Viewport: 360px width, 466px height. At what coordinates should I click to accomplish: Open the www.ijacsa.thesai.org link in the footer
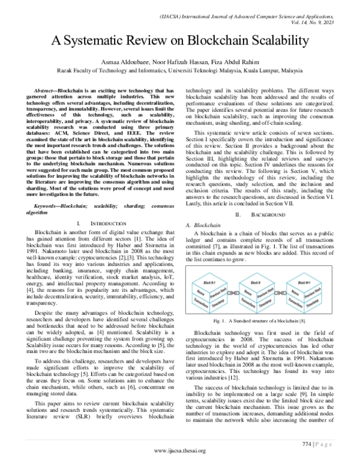179,450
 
